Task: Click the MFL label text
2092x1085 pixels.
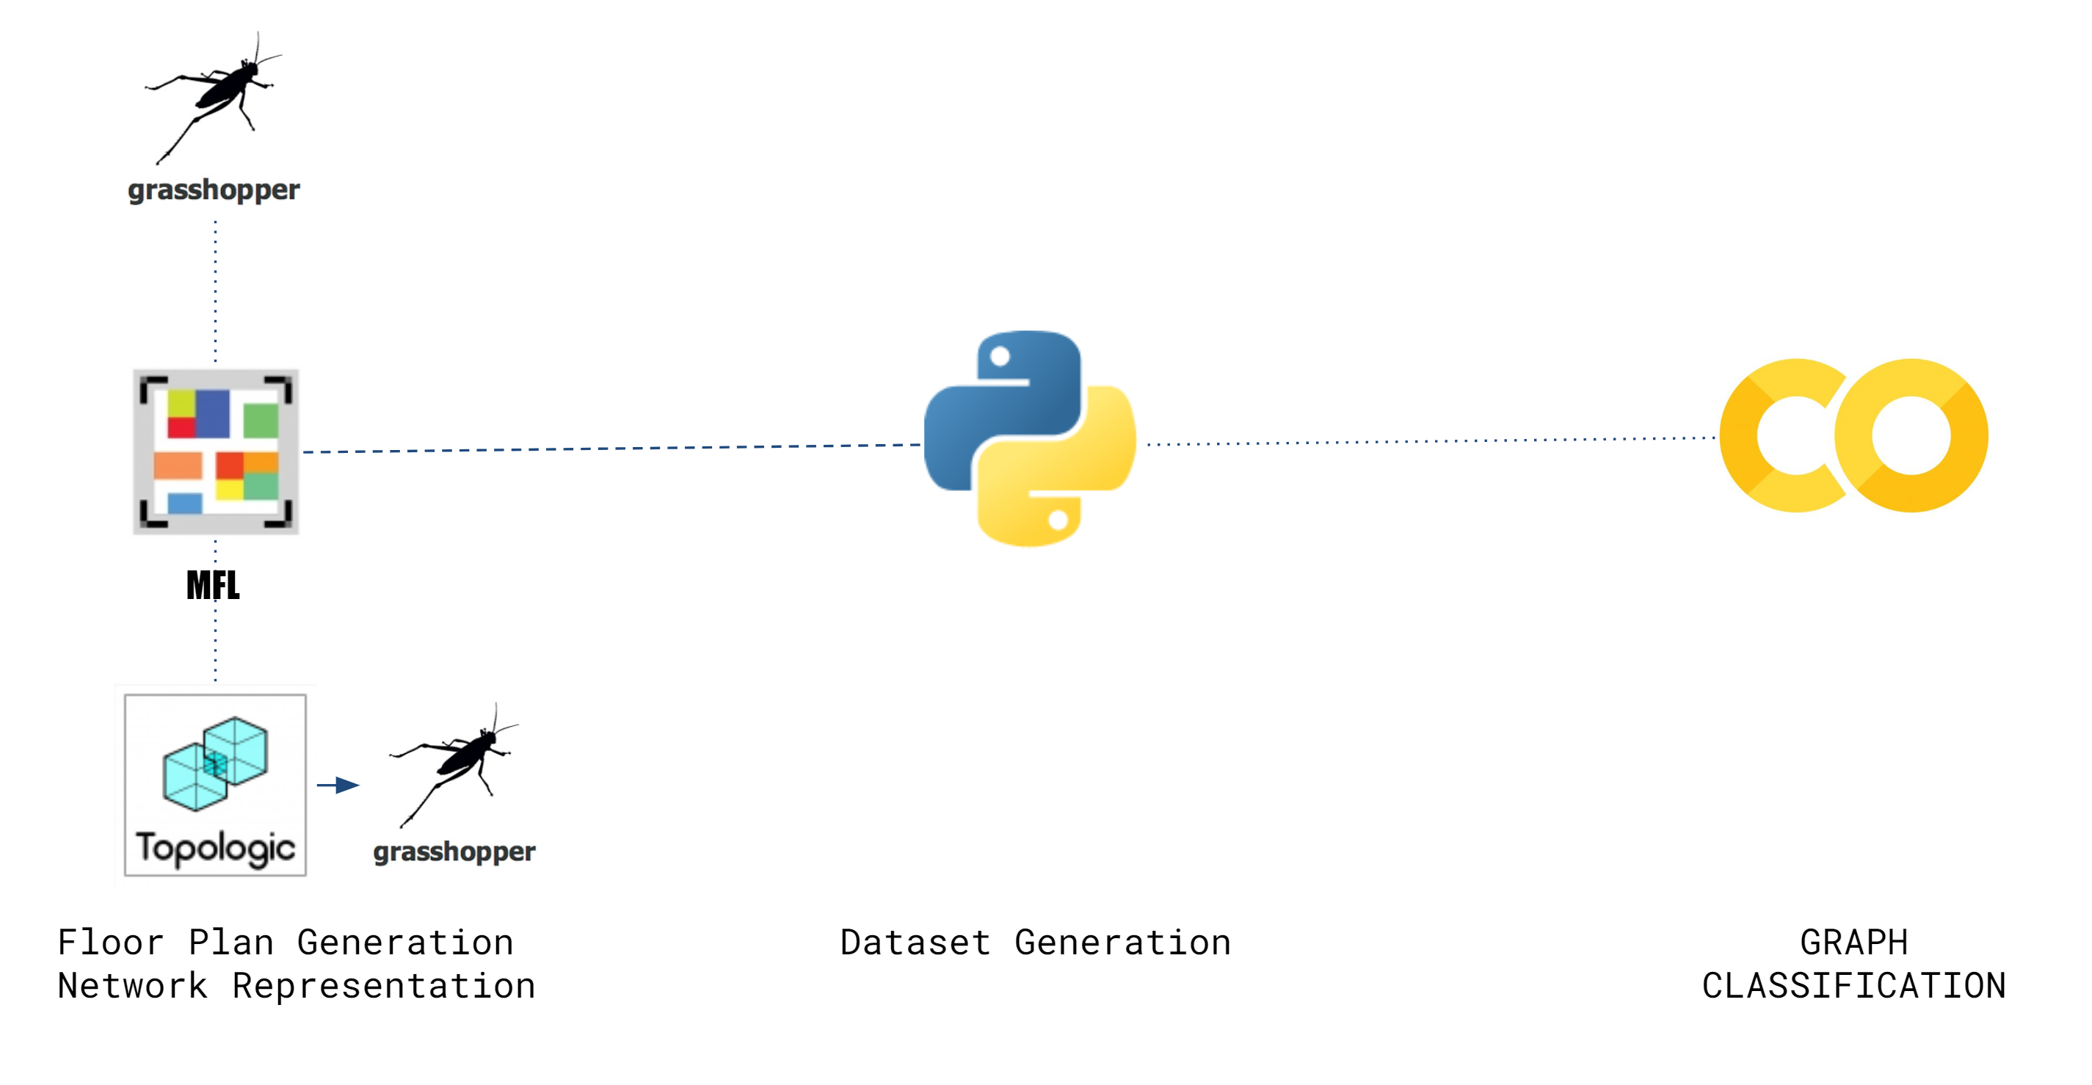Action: pyautogui.click(x=213, y=585)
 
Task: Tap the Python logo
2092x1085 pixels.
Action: pyautogui.click(x=1030, y=438)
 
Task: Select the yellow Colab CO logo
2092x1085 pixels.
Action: pyautogui.click(x=1854, y=435)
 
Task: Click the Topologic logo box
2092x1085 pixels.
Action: pyautogui.click(x=215, y=785)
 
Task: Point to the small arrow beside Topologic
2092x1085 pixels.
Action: pyautogui.click(x=338, y=785)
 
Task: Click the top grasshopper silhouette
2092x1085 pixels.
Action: pyautogui.click(x=214, y=98)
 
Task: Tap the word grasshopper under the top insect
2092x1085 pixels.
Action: pyautogui.click(x=214, y=190)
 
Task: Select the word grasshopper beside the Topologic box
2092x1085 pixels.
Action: pyautogui.click(x=454, y=852)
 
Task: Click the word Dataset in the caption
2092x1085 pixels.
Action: pyautogui.click(x=915, y=943)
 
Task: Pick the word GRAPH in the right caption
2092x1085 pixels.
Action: pyautogui.click(x=1854, y=943)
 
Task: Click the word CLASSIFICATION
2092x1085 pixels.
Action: pyautogui.click(x=1854, y=986)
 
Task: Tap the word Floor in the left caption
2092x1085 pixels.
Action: pyautogui.click(x=110, y=943)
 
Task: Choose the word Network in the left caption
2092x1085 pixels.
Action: pyautogui.click(x=132, y=986)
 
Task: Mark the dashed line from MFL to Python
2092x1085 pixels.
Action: pyautogui.click(x=611, y=449)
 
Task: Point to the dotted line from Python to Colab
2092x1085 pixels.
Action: pyautogui.click(x=1431, y=441)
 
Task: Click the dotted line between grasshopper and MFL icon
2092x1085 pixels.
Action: pyautogui.click(x=215, y=291)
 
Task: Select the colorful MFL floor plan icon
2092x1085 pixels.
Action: pyautogui.click(x=215, y=451)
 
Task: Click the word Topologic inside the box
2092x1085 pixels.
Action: pyautogui.click(x=215, y=848)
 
